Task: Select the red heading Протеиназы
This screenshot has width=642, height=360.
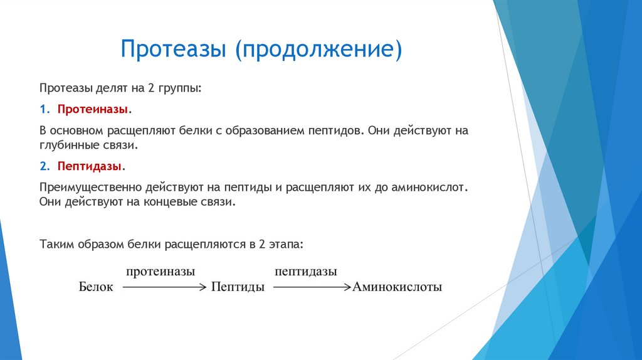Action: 93,109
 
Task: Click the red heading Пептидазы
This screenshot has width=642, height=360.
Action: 90,166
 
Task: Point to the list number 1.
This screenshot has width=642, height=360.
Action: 43,109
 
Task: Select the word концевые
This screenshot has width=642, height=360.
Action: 163,202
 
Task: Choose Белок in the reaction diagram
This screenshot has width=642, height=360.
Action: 95,287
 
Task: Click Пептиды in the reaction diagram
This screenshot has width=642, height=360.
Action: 238,287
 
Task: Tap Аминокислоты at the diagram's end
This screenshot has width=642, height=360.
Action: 397,287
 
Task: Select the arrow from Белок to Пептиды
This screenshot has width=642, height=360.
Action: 163,287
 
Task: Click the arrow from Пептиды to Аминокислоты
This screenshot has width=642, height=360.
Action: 310,287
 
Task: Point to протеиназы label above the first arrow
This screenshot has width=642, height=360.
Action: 160,272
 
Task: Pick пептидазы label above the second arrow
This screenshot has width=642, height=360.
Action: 305,272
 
